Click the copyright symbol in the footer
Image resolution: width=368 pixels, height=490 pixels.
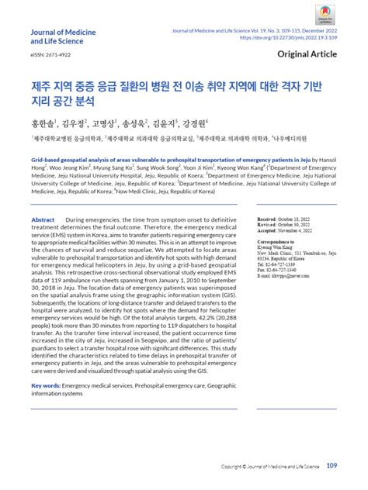click(x=223, y=467)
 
